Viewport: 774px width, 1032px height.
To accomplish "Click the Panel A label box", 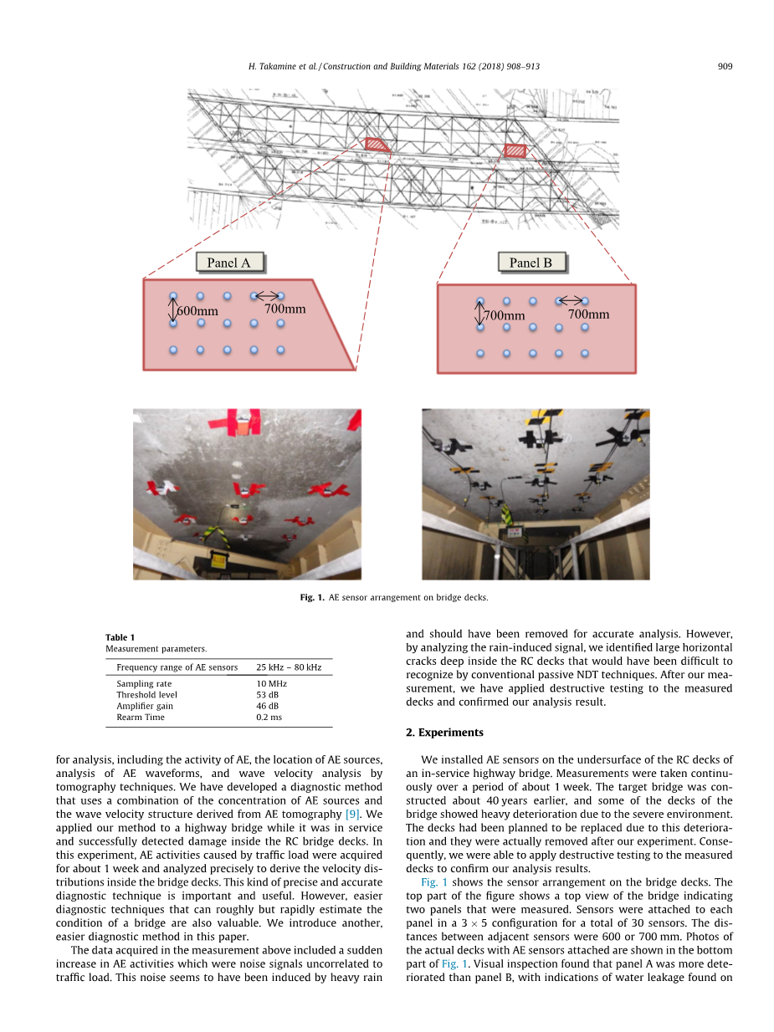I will click(228, 263).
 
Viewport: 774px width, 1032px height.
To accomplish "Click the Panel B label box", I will click(531, 263).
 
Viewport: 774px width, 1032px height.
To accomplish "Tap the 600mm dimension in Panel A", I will click(197, 311).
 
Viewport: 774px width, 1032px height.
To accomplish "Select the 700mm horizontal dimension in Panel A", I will click(284, 309).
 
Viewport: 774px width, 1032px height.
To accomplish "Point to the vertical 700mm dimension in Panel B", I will click(504, 315).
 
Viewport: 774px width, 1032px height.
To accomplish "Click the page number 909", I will click(725, 66).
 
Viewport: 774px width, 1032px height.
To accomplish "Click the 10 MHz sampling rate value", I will click(272, 684).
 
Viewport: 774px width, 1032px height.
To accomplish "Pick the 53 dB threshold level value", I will click(268, 695).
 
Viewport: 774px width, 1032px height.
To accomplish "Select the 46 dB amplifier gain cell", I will click(268, 706).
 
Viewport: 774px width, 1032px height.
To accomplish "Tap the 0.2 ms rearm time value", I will click(269, 717).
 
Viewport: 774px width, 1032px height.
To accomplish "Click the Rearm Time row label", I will click(141, 717).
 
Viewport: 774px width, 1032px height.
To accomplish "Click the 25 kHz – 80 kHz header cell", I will click(289, 667).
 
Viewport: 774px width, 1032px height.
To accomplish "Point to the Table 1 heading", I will click(120, 637).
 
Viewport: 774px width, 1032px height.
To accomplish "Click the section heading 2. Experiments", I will click(444, 733).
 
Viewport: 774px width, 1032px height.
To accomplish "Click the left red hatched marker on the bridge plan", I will click(378, 145).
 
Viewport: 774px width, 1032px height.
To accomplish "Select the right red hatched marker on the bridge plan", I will click(515, 151).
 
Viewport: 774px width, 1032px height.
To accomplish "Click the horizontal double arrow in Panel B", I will click(572, 300).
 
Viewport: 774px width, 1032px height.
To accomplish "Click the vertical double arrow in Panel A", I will click(173, 311).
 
